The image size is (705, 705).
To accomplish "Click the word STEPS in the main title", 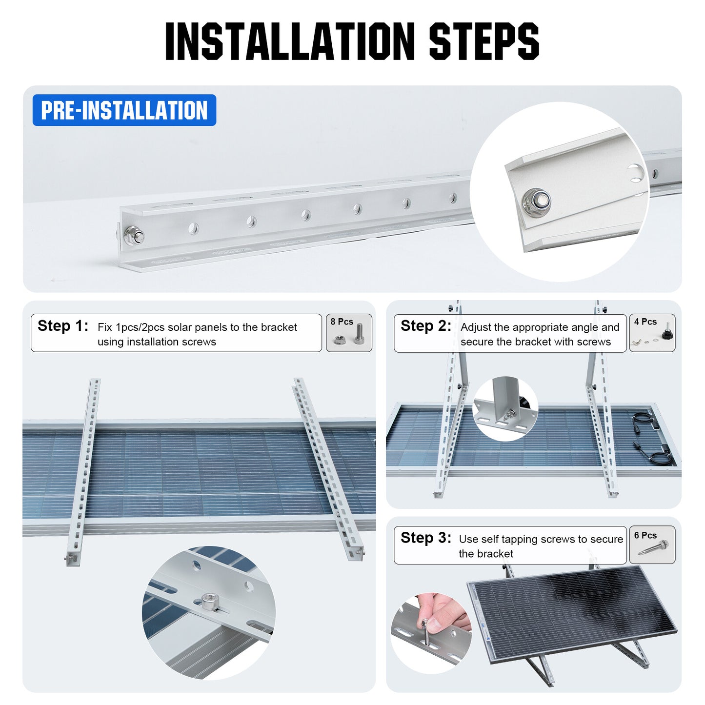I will pos(483,41).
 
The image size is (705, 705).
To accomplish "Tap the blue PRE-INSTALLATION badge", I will pos(124,110).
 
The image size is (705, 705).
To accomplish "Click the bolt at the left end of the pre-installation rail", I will pos(134,237).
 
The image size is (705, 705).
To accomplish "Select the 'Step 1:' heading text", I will pos(63,326).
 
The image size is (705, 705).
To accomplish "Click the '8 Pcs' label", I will pos(342,322).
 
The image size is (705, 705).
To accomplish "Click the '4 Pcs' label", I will pos(645,322).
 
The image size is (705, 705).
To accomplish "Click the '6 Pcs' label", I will pos(645,535).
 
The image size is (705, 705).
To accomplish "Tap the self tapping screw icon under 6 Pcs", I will pos(654,548).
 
